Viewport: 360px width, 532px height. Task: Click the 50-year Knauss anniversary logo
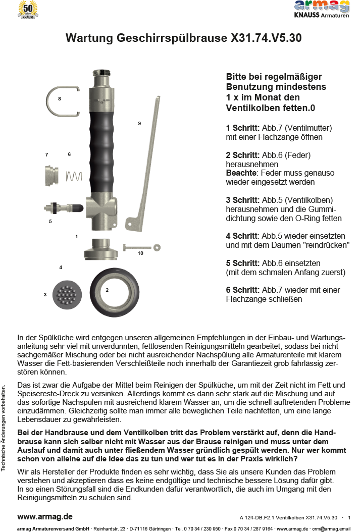tap(28, 10)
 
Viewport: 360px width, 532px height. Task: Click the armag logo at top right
tap(322, 9)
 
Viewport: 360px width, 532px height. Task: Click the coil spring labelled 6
tap(74, 176)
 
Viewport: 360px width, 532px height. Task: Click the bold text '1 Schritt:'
tap(243, 128)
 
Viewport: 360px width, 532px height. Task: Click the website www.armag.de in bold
tap(45, 516)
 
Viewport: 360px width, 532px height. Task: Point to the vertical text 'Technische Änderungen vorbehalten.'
tap(4, 428)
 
